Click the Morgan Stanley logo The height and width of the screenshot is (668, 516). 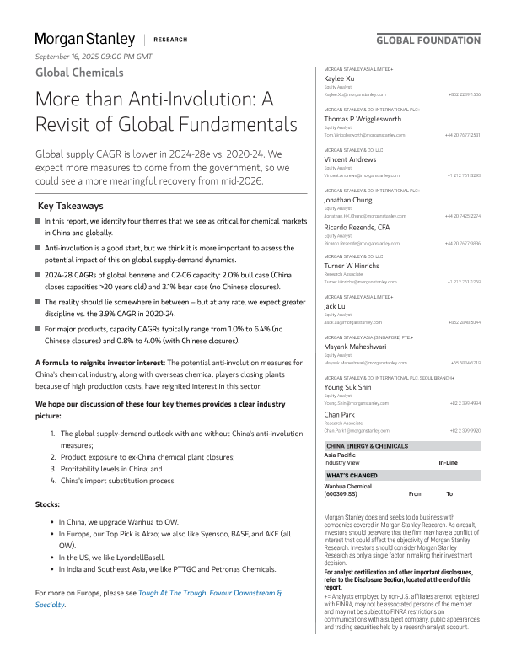coord(84,39)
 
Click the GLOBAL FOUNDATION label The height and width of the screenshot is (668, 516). coord(427,40)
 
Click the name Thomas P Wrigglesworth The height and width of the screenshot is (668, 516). coord(363,119)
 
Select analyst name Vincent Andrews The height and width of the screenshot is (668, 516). coord(350,159)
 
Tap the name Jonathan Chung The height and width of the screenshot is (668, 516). coord(350,200)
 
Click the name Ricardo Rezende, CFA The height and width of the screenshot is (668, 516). coord(357,227)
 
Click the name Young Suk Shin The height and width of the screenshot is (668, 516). coord(349,387)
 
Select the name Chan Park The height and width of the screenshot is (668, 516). coord(340,414)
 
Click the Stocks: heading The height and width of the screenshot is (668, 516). coord(47,504)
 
